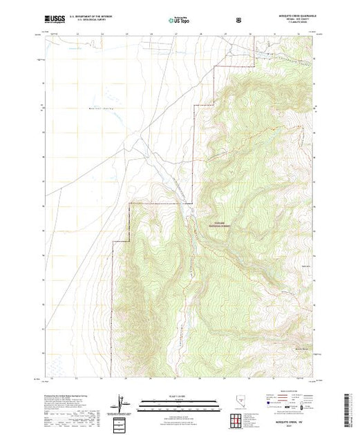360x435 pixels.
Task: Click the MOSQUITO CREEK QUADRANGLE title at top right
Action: click(290, 16)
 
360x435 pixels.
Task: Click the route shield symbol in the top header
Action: click(238, 20)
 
